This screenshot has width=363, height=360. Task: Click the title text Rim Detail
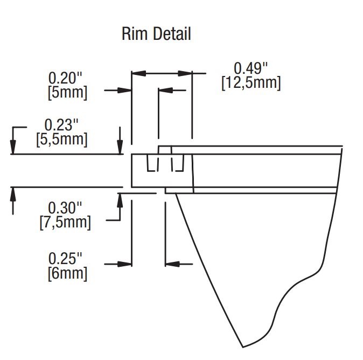[156, 34]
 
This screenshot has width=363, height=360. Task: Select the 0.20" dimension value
[67, 78]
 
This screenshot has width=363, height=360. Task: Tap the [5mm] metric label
[67, 92]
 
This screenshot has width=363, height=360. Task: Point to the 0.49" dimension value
[250, 68]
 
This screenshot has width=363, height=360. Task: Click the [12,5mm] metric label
[250, 84]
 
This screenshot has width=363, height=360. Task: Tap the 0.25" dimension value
[67, 258]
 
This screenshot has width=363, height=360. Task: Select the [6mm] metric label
[67, 273]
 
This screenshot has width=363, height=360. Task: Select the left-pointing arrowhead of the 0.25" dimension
[171, 264]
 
